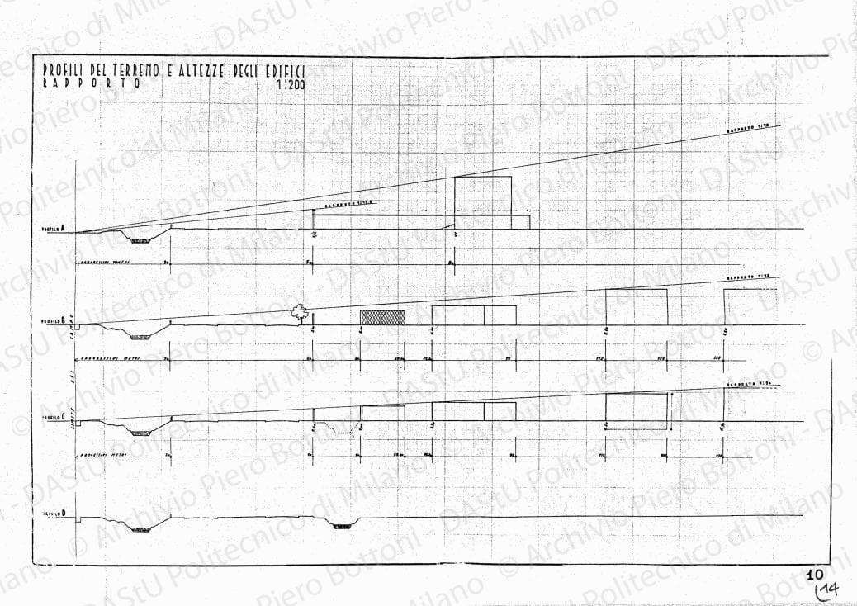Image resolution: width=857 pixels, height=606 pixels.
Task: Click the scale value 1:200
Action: tap(290, 83)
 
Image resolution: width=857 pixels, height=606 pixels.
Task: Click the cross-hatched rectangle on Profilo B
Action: tap(383, 317)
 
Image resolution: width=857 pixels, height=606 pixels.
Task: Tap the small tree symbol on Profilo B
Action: tap(299, 312)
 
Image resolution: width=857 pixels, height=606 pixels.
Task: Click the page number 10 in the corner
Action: tap(815, 573)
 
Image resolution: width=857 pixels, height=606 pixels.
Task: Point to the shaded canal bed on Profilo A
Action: tap(140, 240)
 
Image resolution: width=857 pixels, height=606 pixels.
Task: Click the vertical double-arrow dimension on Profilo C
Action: tap(673, 407)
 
